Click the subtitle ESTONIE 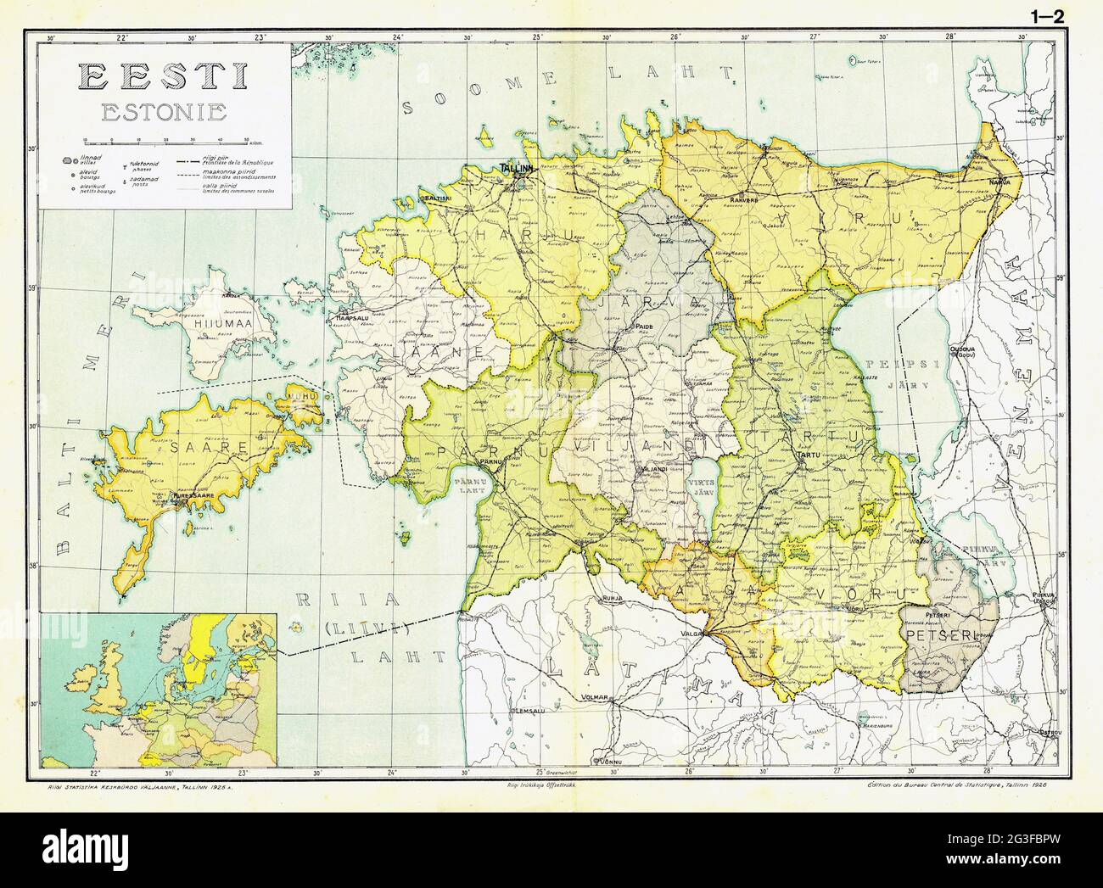(x=163, y=111)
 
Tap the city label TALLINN (x=517, y=169)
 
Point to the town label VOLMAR (x=596, y=698)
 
